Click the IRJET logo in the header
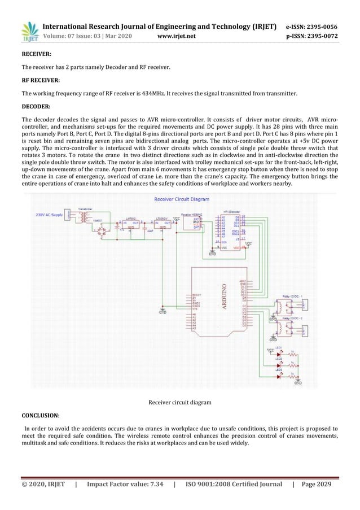(x=28, y=32)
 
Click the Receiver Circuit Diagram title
(x=181, y=199)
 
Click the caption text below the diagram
(x=180, y=403)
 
